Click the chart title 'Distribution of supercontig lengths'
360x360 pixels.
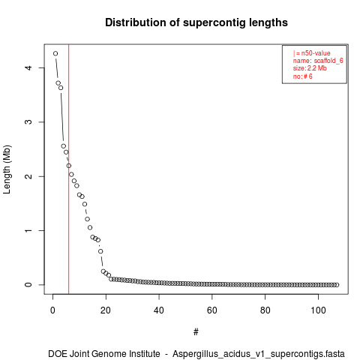[x=196, y=22]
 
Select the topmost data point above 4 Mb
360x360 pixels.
[x=55, y=53]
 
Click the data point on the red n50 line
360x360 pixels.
[x=69, y=166]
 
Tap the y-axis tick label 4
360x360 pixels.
[x=28, y=67]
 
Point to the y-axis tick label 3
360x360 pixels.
[x=28, y=122]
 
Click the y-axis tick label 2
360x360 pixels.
[x=28, y=176]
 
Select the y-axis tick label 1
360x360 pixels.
[x=28, y=230]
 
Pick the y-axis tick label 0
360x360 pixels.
[x=28, y=285]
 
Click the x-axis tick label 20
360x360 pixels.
[x=106, y=310]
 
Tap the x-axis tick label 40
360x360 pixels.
[x=159, y=310]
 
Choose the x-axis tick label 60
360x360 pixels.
[x=212, y=310]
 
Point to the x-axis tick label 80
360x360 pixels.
[x=265, y=310]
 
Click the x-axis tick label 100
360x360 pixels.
[x=318, y=310]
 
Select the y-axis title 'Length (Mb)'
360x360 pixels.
[x=7, y=169]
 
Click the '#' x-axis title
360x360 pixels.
[x=196, y=332]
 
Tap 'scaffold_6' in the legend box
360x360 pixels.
[x=328, y=61]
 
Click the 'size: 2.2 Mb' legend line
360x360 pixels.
[x=310, y=68]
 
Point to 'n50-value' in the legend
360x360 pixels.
[x=316, y=53]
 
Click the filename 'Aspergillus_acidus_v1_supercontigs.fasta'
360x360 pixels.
[x=259, y=354]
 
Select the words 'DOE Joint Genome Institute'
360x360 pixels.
[x=104, y=354]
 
